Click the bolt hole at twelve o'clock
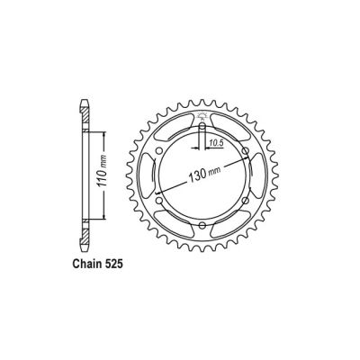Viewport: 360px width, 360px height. point(200,126)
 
